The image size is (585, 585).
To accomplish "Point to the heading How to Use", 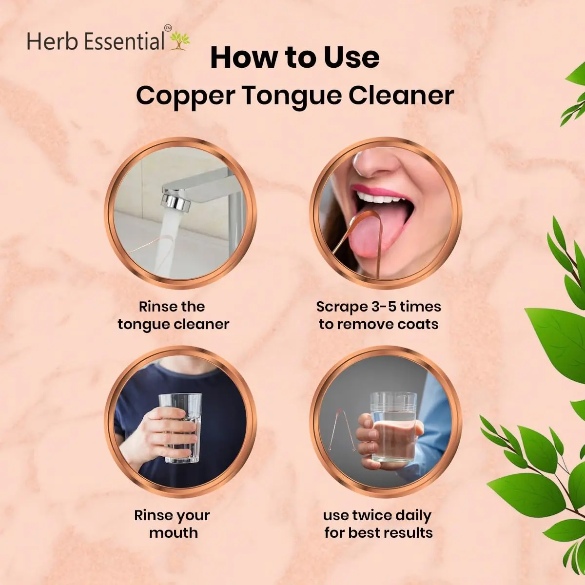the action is coord(295,58).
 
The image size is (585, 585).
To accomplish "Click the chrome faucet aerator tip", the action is coord(176,203).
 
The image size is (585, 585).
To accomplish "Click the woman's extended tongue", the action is coord(376,233).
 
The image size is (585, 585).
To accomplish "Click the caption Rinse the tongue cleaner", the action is coord(174,315).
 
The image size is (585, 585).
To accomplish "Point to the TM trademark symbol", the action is coord(168,28).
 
